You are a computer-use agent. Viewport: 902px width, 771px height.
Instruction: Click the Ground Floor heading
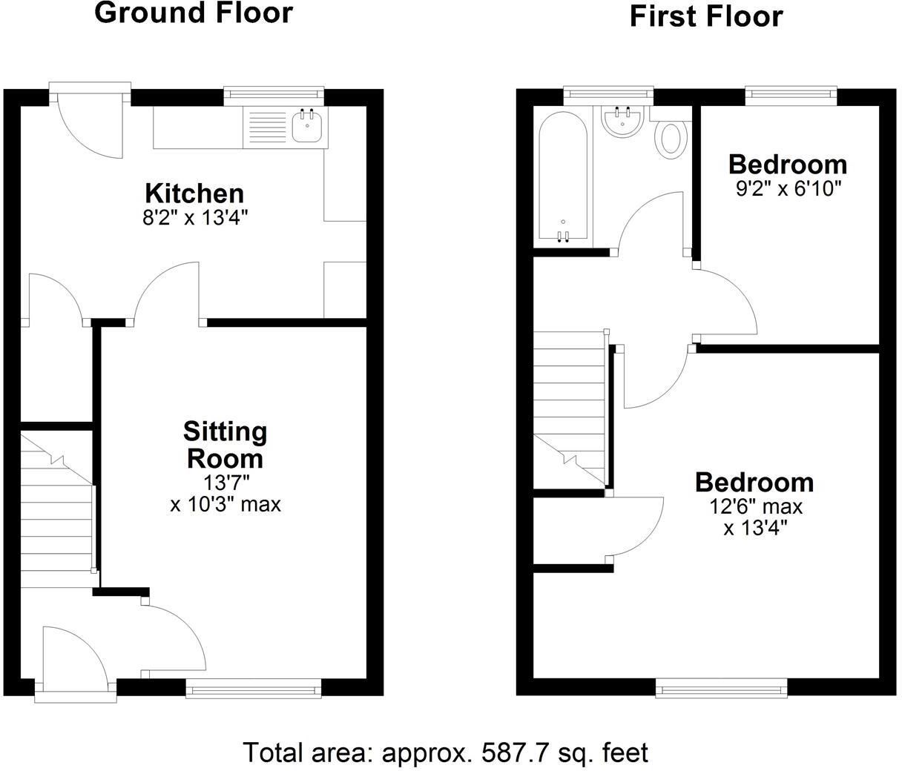tap(194, 13)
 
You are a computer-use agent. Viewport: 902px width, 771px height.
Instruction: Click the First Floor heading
tap(706, 16)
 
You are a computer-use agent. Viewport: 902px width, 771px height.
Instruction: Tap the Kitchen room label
tap(194, 193)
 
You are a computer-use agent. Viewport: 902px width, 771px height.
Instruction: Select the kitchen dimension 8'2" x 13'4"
tap(194, 218)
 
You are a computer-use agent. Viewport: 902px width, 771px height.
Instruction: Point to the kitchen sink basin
tap(306, 128)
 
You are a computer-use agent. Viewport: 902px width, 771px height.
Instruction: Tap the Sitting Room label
tap(225, 445)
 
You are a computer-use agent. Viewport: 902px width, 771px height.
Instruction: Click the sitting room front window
tap(254, 689)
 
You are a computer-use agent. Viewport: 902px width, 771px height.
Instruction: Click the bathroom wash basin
tap(622, 122)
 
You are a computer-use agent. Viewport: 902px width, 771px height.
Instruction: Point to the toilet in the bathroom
tap(671, 138)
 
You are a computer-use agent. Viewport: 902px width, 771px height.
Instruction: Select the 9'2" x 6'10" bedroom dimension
tap(788, 188)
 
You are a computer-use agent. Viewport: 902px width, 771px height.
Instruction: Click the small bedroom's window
tap(791, 93)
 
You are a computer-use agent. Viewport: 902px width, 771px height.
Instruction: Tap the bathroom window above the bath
tap(608, 93)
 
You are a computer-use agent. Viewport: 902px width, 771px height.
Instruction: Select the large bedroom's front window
tap(722, 690)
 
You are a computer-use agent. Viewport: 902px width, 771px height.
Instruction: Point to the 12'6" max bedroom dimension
tap(754, 507)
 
